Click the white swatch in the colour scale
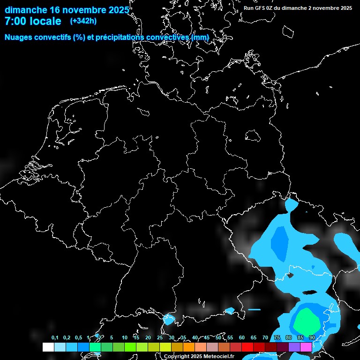48,347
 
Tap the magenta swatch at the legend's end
306,347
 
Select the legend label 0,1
55,337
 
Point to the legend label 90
312,337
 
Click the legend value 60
241,337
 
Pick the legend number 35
183,337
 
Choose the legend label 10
124,337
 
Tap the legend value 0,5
78,337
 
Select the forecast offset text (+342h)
83,21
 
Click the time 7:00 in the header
15,22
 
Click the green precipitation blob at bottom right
307,320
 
